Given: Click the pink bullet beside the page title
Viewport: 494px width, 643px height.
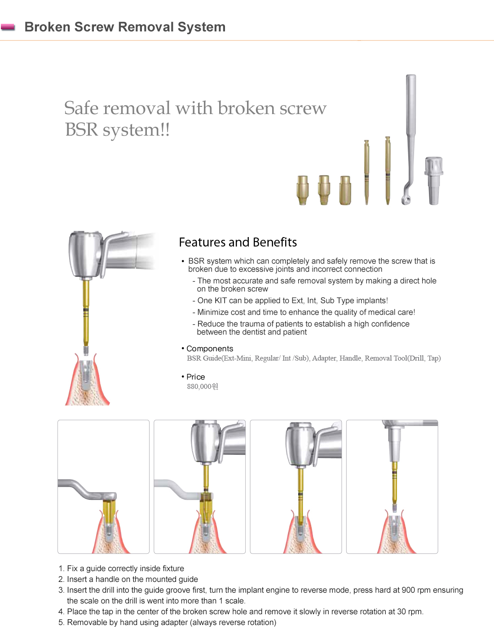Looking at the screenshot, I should [x=8, y=27].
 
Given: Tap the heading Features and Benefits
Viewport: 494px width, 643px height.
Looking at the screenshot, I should [x=238, y=242].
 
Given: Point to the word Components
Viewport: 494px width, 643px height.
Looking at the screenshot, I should [x=210, y=349].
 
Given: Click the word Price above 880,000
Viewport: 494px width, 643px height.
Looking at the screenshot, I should [x=195, y=377].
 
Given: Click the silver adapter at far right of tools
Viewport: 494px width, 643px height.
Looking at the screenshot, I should [x=434, y=181].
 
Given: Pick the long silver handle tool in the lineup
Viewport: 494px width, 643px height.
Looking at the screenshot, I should [x=410, y=135].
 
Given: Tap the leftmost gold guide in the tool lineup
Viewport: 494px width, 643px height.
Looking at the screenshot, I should [x=303, y=189].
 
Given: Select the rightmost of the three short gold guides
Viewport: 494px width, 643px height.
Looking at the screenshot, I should [x=345, y=190].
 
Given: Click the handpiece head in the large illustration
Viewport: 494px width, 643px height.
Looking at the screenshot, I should [x=85, y=254].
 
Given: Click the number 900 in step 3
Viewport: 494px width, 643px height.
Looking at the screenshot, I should [x=408, y=590].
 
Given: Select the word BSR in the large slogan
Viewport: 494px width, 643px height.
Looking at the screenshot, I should [x=81, y=130].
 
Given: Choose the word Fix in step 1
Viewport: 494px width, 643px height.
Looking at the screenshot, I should [x=72, y=568].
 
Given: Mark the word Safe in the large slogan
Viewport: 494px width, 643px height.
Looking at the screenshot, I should [x=81, y=108].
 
